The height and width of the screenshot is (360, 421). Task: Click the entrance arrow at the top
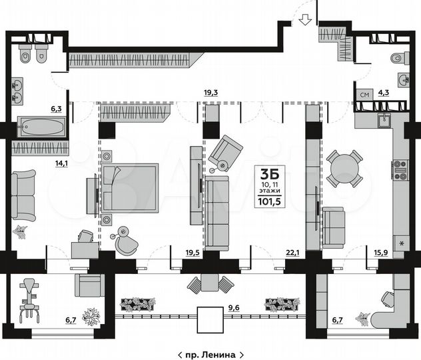pyautogui.click(x=305, y=19)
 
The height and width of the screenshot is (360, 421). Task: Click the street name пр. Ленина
pyautogui.click(x=210, y=351)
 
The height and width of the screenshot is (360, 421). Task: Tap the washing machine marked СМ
pyautogui.click(x=364, y=95)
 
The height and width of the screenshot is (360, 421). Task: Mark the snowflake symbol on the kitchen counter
pyautogui.click(x=401, y=243)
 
